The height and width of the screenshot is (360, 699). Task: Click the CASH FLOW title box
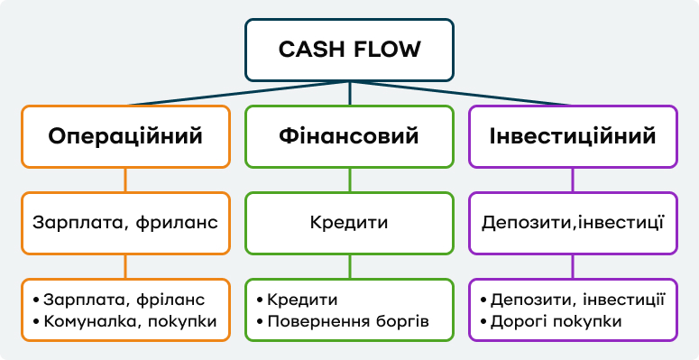pyautogui.click(x=349, y=49)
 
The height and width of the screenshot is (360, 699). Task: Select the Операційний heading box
pyautogui.click(x=125, y=136)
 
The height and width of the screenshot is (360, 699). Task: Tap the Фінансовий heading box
pyautogui.click(x=349, y=136)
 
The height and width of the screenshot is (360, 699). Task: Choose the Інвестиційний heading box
pyautogui.click(x=573, y=136)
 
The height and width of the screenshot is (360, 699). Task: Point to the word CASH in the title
pyautogui.click(x=310, y=49)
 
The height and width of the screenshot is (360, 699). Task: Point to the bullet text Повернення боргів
pyautogui.click(x=347, y=321)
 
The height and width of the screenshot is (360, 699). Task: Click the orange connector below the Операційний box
pyautogui.click(x=125, y=180)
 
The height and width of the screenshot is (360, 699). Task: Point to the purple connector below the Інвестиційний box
pyautogui.click(x=573, y=180)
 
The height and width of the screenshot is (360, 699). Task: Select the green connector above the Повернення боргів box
pyautogui.click(x=349, y=266)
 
